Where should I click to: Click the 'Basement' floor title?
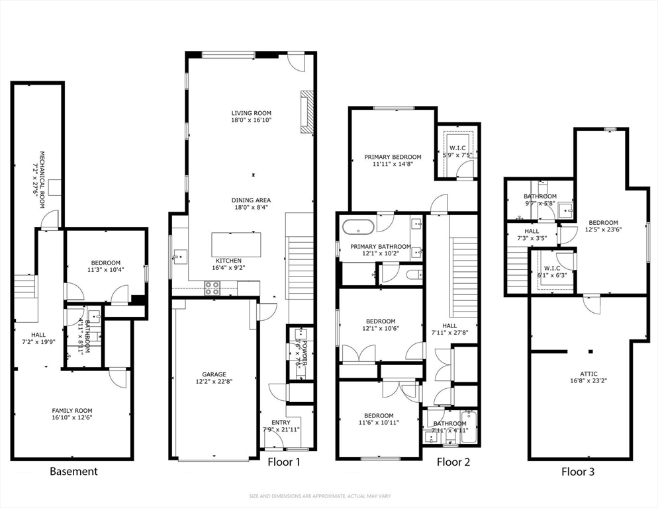(73, 472)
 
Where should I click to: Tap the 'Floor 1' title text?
(284, 462)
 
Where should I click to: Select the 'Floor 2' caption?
(453, 462)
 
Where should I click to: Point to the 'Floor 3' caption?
(577, 472)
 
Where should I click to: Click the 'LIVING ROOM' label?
(251, 113)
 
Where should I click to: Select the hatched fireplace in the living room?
(305, 112)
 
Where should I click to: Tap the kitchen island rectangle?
(233, 245)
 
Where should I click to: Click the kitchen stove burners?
(212, 287)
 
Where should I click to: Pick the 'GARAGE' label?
(213, 373)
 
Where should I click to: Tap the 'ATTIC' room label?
(587, 373)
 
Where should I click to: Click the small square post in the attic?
(591, 351)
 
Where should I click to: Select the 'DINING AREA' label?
(251, 200)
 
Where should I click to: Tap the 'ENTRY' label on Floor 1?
(281, 422)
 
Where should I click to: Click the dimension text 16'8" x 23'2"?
(587, 381)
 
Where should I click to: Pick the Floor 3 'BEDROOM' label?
(603, 223)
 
